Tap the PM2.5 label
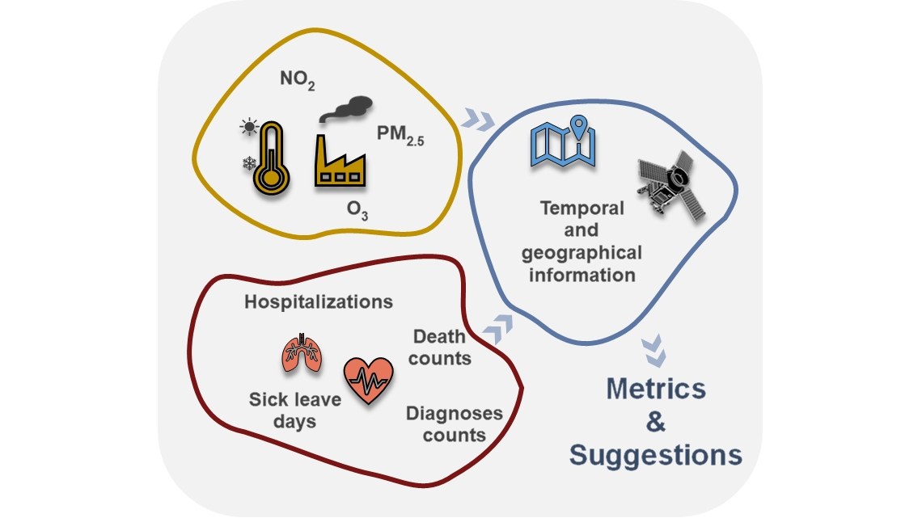click(400, 134)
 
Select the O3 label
click(358, 210)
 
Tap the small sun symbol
click(247, 127)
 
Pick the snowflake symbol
click(248, 164)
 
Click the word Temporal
click(582, 208)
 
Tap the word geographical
click(582, 253)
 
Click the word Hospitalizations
click(319, 301)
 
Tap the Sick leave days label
click(294, 410)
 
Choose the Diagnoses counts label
click(454, 424)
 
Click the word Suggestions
click(655, 454)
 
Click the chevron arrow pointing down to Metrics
click(653, 349)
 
